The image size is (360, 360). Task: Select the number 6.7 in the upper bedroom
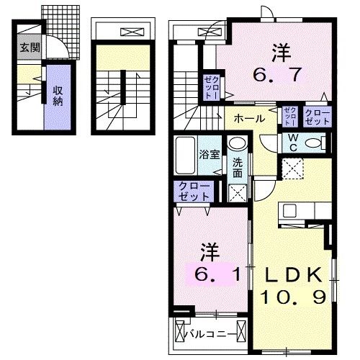281,73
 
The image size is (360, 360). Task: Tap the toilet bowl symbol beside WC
315,143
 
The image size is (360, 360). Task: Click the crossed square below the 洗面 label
237,193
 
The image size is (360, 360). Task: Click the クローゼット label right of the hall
318,117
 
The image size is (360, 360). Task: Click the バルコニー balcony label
210,334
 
